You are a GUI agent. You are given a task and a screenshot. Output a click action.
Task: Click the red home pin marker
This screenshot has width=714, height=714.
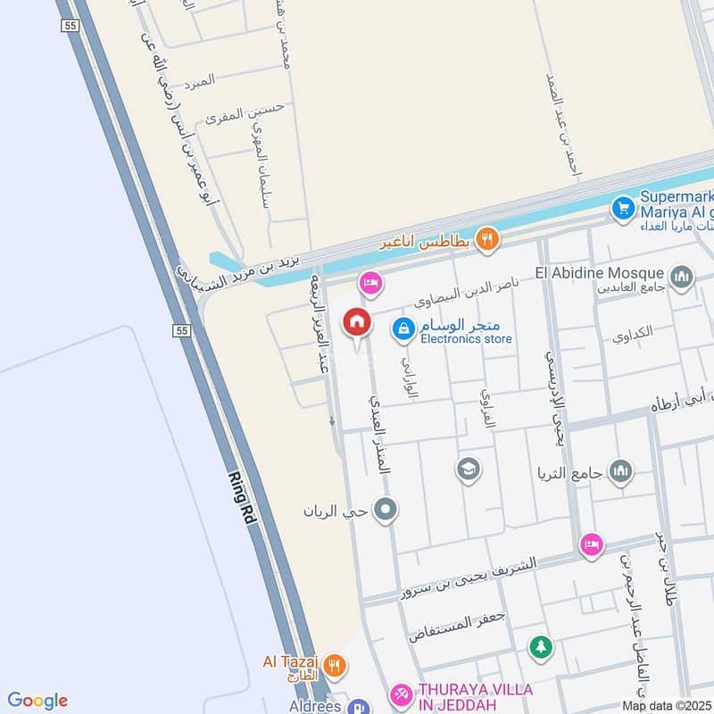click(x=357, y=323)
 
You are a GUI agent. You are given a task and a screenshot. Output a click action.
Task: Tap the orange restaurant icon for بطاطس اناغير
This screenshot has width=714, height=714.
click(x=486, y=238)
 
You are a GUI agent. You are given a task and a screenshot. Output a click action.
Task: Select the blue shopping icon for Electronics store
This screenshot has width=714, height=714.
click(x=404, y=329)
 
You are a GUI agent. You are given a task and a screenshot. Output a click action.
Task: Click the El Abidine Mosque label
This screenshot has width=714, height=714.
click(x=601, y=272)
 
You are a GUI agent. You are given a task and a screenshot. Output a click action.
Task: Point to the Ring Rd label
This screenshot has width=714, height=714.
click(x=244, y=498)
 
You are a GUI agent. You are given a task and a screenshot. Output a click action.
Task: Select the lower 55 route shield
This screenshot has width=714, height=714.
click(x=182, y=330)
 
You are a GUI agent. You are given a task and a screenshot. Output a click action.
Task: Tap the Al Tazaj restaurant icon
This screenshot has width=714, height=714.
click(x=334, y=664)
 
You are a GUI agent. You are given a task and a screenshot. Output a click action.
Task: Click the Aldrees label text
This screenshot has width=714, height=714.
click(x=316, y=705)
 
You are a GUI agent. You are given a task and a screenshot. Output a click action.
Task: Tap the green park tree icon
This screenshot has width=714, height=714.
click(x=539, y=646)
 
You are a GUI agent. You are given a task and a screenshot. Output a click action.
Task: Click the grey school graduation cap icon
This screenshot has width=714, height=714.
click(x=467, y=469)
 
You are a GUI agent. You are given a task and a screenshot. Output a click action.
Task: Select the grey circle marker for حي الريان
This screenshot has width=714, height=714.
click(x=386, y=511)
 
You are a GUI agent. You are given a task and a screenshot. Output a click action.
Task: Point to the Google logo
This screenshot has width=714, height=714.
click(x=37, y=701)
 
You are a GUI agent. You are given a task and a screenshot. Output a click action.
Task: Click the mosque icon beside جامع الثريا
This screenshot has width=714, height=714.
click(x=621, y=470)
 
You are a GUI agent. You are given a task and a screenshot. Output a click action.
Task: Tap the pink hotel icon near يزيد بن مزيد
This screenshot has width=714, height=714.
click(x=369, y=284)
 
